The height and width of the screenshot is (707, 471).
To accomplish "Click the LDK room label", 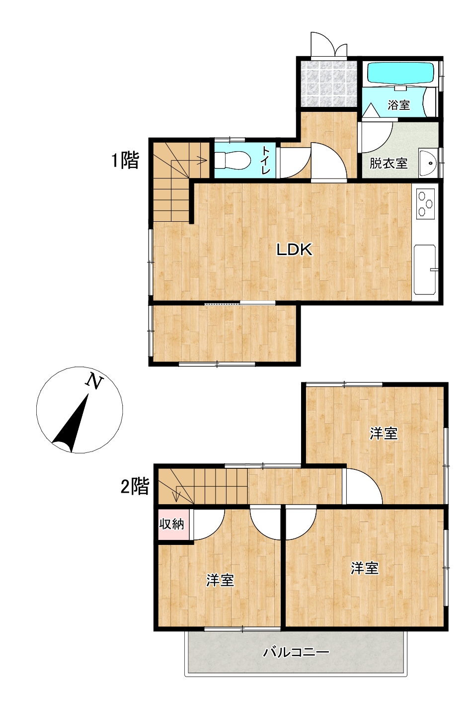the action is tap(294, 250).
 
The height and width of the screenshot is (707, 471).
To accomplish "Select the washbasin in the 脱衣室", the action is tap(428, 163).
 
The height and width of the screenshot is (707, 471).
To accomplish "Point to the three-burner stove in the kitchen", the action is tap(425, 204).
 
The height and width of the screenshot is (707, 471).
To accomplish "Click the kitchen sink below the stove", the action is tap(425, 269).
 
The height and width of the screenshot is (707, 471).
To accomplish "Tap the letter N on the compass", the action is tap(94, 381).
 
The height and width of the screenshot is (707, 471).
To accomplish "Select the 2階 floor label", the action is tap(135, 486).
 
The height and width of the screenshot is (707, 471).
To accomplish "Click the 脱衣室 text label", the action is tap(389, 164).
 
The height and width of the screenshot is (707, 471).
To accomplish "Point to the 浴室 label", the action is tap(399, 105).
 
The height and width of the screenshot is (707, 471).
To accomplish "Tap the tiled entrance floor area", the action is tap(328, 84).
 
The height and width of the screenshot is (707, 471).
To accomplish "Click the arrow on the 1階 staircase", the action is tap(189, 161).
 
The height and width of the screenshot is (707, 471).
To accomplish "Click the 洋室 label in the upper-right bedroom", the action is tap(384, 434).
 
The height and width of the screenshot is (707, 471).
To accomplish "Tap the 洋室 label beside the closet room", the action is tap(220, 580).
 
